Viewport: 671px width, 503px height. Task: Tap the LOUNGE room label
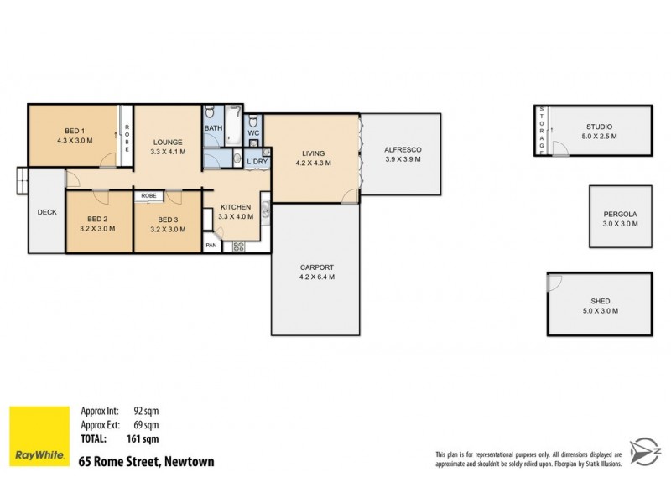(167, 142)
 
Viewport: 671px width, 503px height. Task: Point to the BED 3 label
(168, 220)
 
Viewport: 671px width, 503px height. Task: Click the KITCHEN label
(235, 206)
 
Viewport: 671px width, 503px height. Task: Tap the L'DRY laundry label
(256, 161)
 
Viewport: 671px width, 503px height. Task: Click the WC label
(253, 132)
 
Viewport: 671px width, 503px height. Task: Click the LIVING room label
(314, 153)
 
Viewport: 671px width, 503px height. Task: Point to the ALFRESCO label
(402, 149)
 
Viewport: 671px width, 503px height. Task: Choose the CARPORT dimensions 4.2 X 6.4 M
(317, 277)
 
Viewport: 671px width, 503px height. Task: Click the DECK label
(47, 212)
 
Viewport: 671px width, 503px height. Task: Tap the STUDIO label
(598, 127)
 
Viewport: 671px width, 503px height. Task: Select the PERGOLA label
(621, 215)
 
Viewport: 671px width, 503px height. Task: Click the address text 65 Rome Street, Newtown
(146, 461)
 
